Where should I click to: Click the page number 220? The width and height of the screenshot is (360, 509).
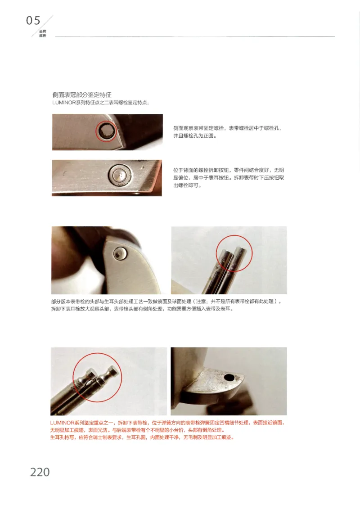tap(40, 472)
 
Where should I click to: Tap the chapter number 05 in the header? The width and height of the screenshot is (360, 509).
tap(33, 21)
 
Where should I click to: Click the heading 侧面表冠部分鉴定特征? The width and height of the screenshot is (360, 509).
tap(82, 95)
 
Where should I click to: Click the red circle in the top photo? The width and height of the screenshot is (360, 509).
tap(106, 131)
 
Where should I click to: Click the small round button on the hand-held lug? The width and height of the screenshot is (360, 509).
tap(120, 253)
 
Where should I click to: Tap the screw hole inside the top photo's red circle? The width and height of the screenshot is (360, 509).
tap(106, 131)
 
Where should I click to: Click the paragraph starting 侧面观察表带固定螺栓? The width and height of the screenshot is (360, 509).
tap(227, 132)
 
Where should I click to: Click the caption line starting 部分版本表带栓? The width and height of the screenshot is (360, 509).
tap(166, 302)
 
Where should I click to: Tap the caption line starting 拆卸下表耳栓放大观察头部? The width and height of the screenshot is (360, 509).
tap(142, 310)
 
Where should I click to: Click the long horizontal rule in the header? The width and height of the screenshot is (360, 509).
tap(193, 36)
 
